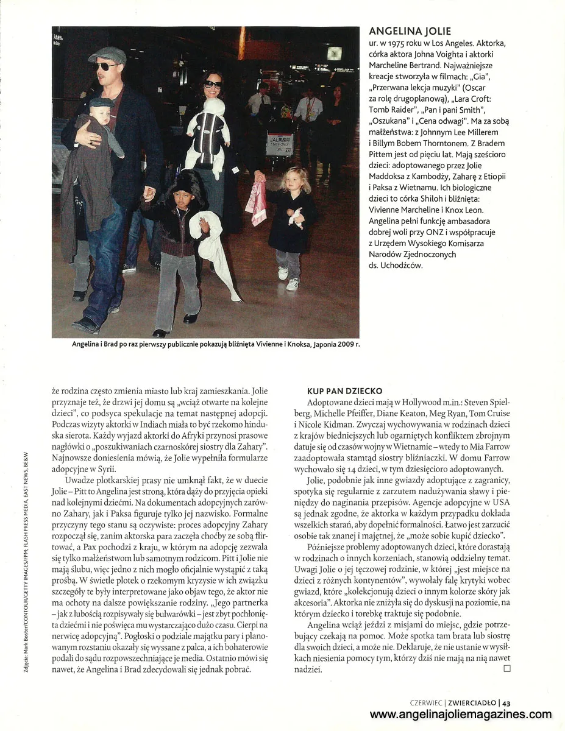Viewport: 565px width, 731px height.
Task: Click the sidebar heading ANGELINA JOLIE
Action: click(x=410, y=32)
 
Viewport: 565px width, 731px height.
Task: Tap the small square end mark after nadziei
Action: click(x=506, y=669)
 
